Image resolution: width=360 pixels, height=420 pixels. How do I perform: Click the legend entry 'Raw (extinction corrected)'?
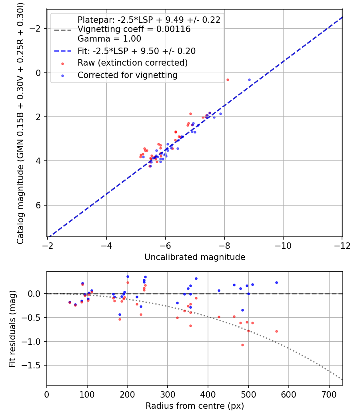click(132, 63)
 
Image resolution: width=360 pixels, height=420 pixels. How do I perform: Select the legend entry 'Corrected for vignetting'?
click(128, 75)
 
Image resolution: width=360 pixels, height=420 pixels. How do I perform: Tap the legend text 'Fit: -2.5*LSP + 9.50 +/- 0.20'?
click(136, 51)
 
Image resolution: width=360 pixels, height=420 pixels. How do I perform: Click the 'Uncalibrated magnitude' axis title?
click(195, 257)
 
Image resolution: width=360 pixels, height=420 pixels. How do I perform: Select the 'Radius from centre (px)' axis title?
click(195, 406)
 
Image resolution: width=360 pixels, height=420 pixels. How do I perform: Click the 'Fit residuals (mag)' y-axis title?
click(12, 329)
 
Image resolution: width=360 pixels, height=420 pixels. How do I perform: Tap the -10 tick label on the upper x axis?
click(283, 246)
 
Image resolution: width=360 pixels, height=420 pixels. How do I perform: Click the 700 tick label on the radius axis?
click(329, 395)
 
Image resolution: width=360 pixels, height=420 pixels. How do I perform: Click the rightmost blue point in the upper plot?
click(249, 80)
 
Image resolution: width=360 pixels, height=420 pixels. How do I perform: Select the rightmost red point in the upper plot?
click(228, 80)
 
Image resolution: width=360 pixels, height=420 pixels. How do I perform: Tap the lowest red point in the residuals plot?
click(242, 345)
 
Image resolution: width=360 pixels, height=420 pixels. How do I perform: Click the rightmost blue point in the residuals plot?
click(276, 282)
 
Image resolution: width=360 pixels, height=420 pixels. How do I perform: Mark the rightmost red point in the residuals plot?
click(276, 331)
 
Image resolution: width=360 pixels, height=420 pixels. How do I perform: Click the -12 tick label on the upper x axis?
click(342, 246)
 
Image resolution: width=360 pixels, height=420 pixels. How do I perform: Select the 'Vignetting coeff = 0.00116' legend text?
click(134, 29)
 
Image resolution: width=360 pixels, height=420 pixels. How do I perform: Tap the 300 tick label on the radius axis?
click(168, 395)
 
